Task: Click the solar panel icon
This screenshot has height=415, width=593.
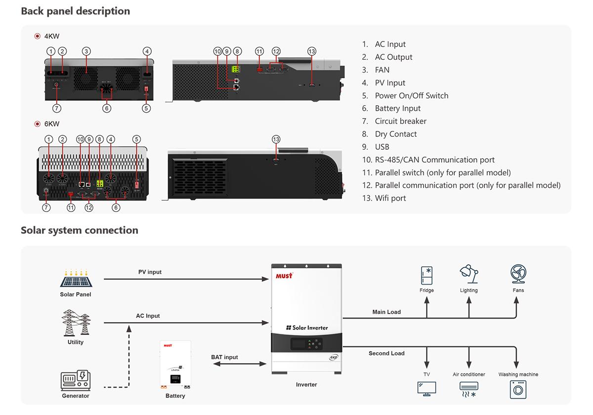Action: (76, 279)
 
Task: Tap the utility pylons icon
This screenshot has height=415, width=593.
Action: (76, 323)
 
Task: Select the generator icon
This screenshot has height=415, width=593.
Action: (76, 380)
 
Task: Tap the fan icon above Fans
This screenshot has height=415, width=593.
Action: (518, 274)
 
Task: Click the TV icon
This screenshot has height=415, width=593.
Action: (426, 388)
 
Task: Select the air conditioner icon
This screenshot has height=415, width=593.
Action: (468, 389)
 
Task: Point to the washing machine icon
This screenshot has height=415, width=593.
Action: (518, 389)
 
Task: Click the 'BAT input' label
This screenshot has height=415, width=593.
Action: (224, 357)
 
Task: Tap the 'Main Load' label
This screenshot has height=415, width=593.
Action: (386, 312)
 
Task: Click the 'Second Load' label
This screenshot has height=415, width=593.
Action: (386, 353)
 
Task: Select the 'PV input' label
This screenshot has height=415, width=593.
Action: (150, 272)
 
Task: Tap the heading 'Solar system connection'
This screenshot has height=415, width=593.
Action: (80, 230)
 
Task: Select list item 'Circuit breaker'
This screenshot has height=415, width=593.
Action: (400, 121)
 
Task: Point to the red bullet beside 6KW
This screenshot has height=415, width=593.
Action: (37, 124)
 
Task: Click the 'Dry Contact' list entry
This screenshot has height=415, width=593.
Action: (395, 134)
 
